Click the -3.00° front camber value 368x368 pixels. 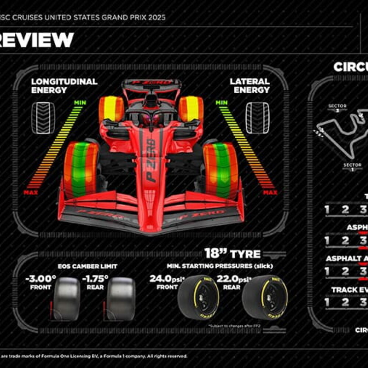40,279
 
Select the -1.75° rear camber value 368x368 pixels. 95,279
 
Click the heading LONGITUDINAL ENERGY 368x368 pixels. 64,85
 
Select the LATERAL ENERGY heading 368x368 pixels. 250,85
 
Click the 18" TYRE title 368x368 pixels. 233,254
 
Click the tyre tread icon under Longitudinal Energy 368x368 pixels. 43,118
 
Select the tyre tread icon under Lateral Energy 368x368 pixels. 257,118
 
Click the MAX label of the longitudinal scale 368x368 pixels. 31,192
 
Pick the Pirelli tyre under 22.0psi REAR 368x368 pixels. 265,297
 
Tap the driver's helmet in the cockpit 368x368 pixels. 151,119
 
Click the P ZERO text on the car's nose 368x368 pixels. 151,160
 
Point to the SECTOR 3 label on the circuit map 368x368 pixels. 337,108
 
